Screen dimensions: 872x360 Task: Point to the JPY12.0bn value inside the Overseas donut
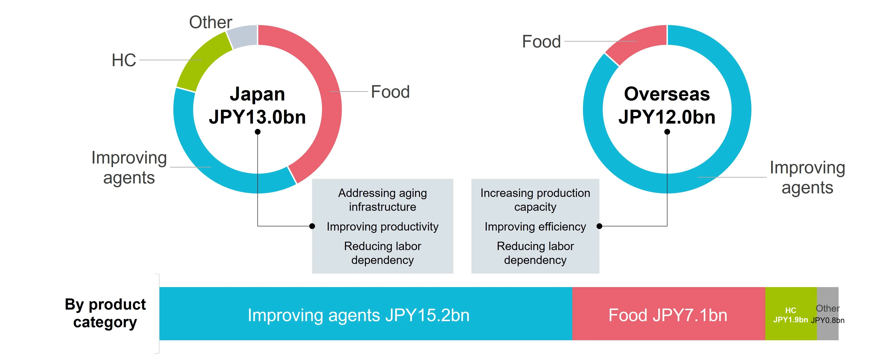[x=667, y=117]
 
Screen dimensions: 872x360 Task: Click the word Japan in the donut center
[x=257, y=94]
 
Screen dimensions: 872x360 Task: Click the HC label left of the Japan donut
[x=124, y=60]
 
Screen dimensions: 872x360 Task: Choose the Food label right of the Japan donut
[x=390, y=92]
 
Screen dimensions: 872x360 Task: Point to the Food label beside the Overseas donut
[x=541, y=42]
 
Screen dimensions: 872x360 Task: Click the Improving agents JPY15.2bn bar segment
[x=365, y=314]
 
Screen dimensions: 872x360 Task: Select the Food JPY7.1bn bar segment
[x=669, y=314]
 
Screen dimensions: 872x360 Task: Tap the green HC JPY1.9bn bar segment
[x=791, y=314]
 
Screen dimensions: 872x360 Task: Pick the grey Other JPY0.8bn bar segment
[x=828, y=314]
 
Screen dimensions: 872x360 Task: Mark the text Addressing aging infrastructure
[x=383, y=200]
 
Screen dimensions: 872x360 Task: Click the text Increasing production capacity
[x=535, y=200]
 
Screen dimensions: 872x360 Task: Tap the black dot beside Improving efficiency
[x=599, y=226]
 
